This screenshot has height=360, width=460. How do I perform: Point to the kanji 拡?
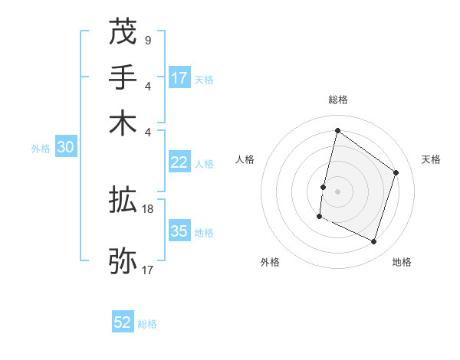pos(123,201)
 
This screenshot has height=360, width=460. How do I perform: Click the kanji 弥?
pos(123,260)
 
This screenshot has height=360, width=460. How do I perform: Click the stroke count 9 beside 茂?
pos(147,40)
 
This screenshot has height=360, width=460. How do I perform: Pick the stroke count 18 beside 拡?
pos(149,208)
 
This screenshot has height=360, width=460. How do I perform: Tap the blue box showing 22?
pos(179,162)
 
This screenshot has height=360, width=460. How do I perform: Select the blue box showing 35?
pos(179,231)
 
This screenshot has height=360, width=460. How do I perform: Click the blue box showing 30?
pos(65,148)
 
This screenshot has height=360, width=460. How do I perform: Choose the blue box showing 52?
pos(123,322)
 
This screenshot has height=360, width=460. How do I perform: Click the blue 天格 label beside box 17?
pos(204,79)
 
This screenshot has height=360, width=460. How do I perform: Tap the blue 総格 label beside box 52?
pos(147,324)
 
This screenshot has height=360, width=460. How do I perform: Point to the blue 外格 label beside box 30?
pos(41,149)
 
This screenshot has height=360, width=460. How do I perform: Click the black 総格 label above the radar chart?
pos(337,100)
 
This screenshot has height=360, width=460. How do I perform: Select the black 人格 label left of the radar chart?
pos(245,159)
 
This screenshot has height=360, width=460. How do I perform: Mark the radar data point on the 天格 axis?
pos(396,172)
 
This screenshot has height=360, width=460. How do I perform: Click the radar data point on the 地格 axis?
pos(374,242)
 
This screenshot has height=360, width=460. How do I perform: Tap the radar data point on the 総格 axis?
pos(337,130)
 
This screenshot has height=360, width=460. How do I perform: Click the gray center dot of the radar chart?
pos(337,191)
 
